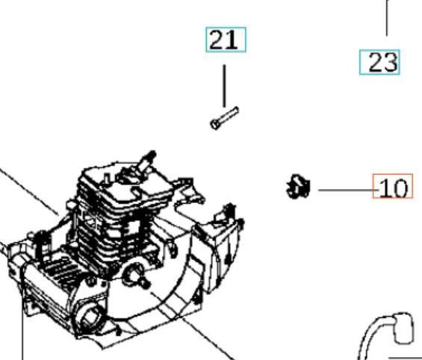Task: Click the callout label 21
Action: (x=225, y=40)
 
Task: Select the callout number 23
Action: (x=379, y=63)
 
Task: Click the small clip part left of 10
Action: (x=299, y=185)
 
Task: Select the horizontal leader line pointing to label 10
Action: (x=345, y=190)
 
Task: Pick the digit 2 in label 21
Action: (x=217, y=40)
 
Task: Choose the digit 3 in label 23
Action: (x=388, y=63)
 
